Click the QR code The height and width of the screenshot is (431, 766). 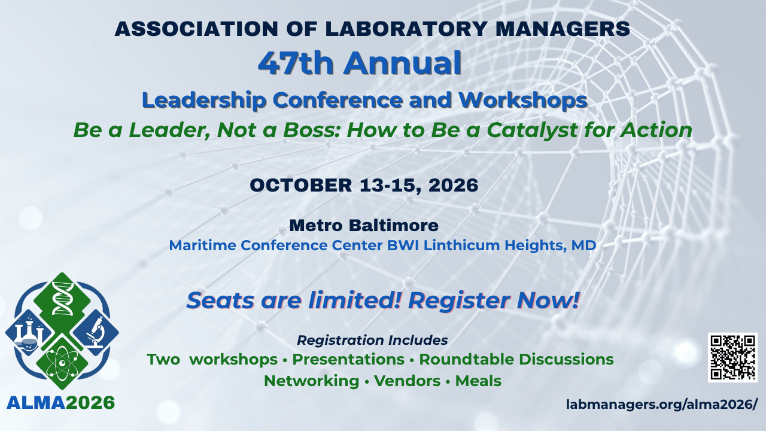pyautogui.click(x=732, y=357)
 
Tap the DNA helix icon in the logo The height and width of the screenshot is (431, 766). pyautogui.click(x=62, y=298)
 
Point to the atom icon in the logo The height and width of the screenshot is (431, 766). pyautogui.click(x=62, y=363)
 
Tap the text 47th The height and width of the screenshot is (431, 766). pyautogui.click(x=296, y=63)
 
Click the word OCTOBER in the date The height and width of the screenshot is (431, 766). pyautogui.click(x=301, y=186)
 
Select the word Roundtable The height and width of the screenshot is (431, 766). pyautogui.click(x=466, y=359)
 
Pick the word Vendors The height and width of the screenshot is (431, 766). pyautogui.click(x=408, y=381)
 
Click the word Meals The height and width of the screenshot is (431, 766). pyautogui.click(x=478, y=381)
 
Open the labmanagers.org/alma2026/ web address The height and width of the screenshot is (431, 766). pyautogui.click(x=662, y=405)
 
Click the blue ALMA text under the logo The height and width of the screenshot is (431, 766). pyautogui.click(x=36, y=403)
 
